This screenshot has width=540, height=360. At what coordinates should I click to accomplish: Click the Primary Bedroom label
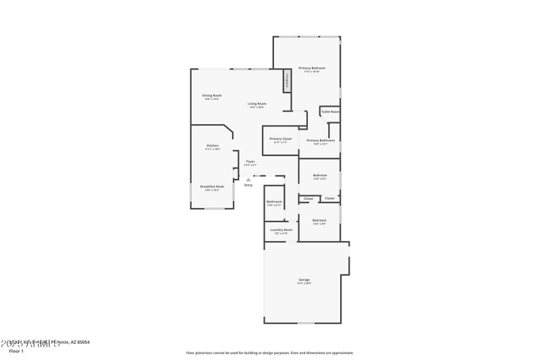coord(313,68)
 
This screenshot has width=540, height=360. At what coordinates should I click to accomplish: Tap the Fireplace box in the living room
coord(287,80)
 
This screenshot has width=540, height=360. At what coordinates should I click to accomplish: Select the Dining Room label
coord(212,95)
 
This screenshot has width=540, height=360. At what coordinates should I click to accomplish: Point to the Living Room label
coord(256,103)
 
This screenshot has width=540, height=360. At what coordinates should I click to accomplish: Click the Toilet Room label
coord(329,111)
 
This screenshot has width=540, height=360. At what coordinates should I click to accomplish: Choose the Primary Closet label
coord(280,138)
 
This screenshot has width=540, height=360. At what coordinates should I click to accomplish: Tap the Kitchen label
coord(213,146)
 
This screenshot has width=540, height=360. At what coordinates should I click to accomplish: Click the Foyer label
coord(250,161)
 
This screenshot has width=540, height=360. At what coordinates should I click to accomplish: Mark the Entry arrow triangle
coord(248,179)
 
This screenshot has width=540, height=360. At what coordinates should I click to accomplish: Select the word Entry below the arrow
coord(248,185)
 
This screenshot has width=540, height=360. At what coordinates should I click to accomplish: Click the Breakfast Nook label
coord(212,186)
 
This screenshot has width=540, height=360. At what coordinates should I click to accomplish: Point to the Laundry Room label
coord(281,230)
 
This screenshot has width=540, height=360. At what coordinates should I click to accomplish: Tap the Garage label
coord(304,280)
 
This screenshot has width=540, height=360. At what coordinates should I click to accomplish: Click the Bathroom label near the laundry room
coord(273,201)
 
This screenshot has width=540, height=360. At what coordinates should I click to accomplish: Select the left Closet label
coord(308,199)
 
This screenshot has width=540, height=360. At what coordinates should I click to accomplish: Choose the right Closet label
coord(329,199)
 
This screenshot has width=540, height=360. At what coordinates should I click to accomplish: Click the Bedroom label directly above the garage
coord(319,220)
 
